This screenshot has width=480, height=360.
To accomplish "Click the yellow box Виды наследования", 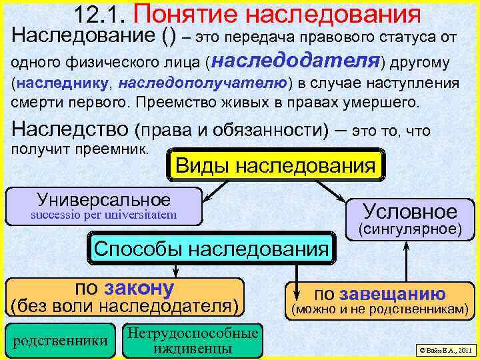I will pos(275,165).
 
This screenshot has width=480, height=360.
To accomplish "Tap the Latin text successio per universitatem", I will pos(105,214).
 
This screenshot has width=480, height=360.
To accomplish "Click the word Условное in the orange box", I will pos(410,211).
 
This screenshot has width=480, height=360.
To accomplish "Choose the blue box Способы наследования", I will pos(211,249).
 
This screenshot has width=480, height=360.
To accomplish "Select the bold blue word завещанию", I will pos(393,294).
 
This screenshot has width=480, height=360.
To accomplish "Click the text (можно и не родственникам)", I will pos(377,309).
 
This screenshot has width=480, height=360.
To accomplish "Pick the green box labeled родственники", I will pos(60,340).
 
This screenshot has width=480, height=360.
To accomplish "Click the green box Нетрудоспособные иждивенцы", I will pos(192,340).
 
